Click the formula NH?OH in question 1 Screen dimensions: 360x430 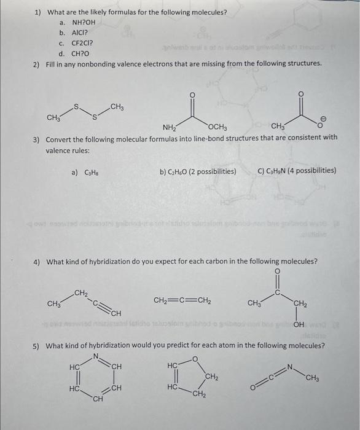pyautogui.click(x=84, y=23)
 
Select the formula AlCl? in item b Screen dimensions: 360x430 pyautogui.click(x=80, y=33)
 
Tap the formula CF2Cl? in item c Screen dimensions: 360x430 pyautogui.click(x=82, y=44)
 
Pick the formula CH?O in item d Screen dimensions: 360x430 pyautogui.click(x=81, y=53)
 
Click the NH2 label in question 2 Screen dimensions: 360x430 pyautogui.click(x=170, y=128)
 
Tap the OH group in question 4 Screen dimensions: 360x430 pyautogui.click(x=300, y=326)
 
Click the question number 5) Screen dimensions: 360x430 pyautogui.click(x=37, y=346)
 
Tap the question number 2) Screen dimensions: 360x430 pyautogui.click(x=37, y=64)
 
